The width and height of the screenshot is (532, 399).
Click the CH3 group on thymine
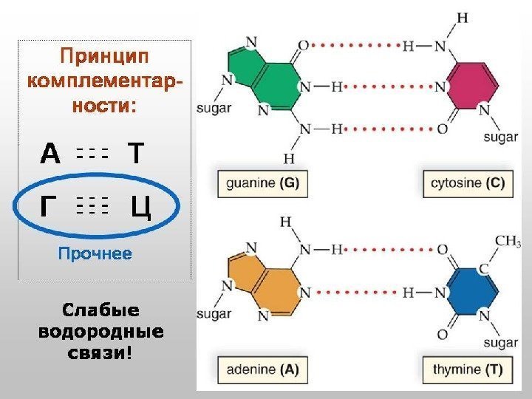(508, 242)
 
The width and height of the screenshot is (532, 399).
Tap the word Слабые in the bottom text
(100, 309)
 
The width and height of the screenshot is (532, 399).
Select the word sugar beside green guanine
(214, 108)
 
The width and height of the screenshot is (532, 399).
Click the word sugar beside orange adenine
(214, 315)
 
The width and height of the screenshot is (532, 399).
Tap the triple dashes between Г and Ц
(92, 207)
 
